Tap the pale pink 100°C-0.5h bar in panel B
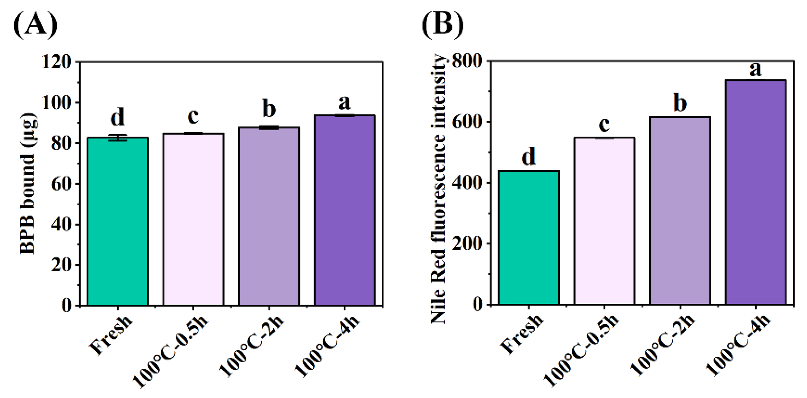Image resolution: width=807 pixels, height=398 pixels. tap(604, 221)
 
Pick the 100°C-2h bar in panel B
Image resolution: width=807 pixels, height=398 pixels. tap(680, 210)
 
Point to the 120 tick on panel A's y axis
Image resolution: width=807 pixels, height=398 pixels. tap(57, 62)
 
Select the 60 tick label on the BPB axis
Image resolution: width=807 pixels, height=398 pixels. tap(61, 184)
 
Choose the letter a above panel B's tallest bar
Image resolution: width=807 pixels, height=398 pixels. tap(755, 69)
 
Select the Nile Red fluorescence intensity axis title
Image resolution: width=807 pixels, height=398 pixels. tap(438, 189)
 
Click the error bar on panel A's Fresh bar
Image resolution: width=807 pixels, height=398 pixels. tap(118, 138)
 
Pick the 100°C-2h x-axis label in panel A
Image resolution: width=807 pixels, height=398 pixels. tap(252, 344)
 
